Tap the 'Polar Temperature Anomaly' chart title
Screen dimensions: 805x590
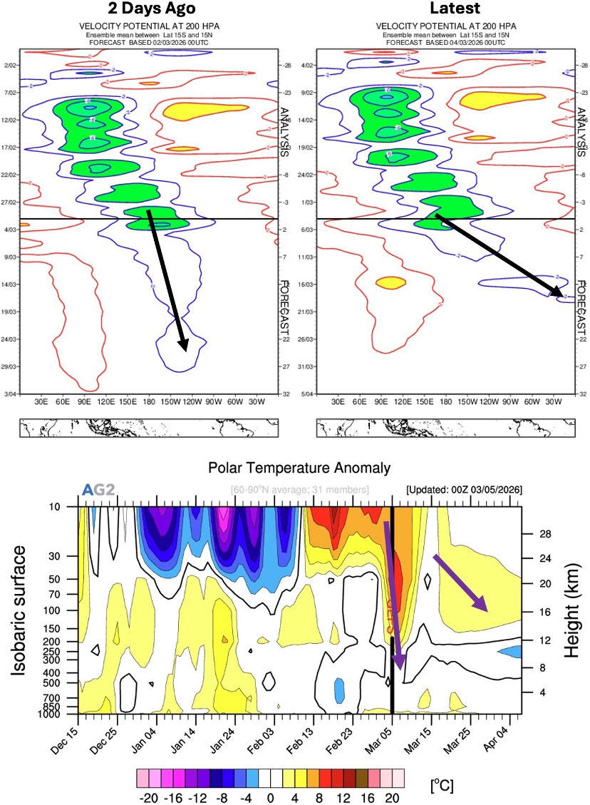pyautogui.click(x=299, y=468)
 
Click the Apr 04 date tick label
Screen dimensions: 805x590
pyautogui.click(x=510, y=737)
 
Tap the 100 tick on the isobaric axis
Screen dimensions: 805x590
pyautogui.click(x=60, y=610)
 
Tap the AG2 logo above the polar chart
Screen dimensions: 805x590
pyautogui.click(x=98, y=490)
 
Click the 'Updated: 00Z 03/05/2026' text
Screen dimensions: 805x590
pyautogui.click(x=463, y=491)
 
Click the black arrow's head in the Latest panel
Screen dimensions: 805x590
pyautogui.click(x=560, y=293)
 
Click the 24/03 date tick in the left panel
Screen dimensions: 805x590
pyautogui.click(x=11, y=339)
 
